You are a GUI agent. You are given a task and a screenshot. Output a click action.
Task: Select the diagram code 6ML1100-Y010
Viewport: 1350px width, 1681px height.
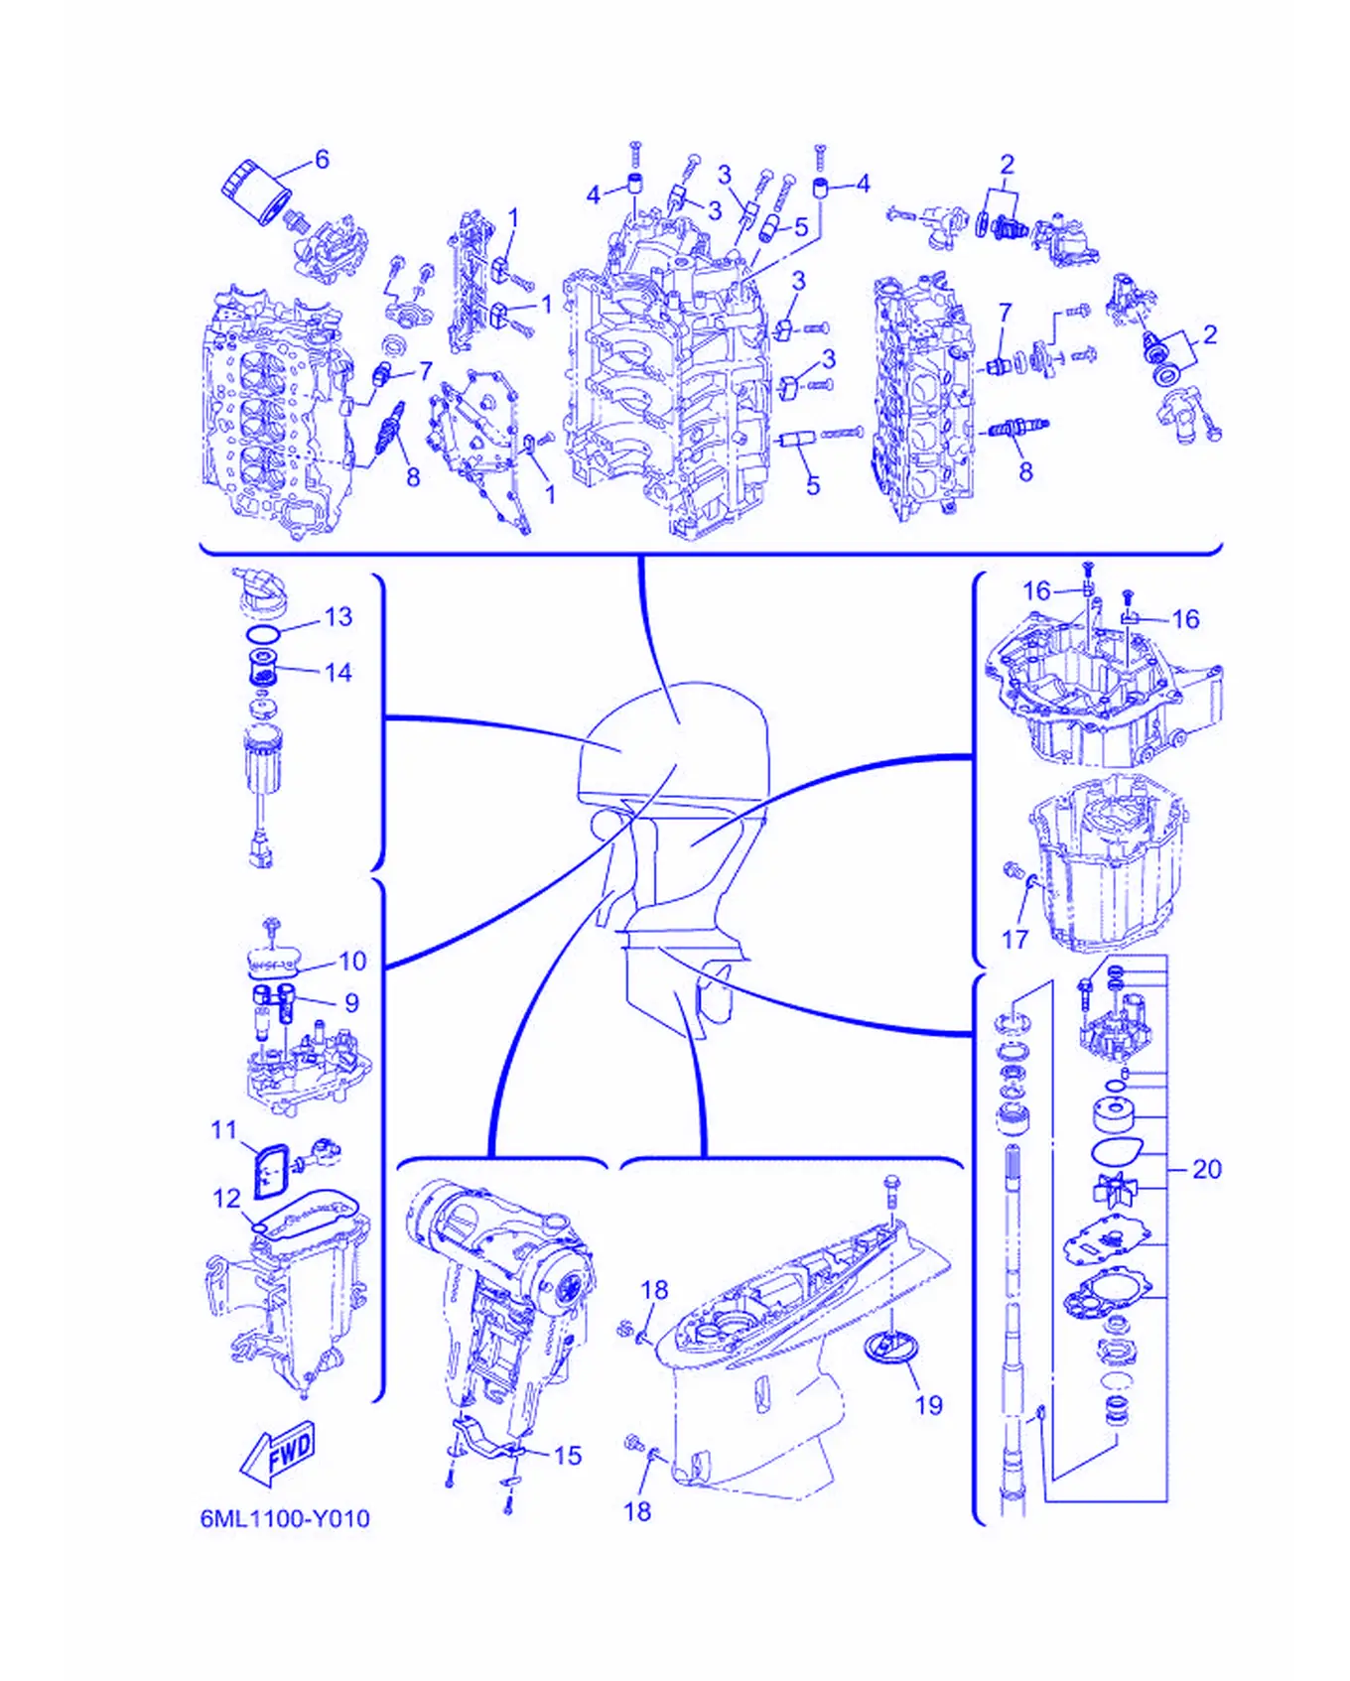[285, 1518]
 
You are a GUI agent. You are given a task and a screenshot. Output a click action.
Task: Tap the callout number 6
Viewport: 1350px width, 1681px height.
[322, 160]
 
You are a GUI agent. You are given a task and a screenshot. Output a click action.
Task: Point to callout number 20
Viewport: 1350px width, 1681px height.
[1206, 1169]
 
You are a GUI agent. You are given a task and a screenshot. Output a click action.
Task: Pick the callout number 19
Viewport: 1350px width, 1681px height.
[928, 1405]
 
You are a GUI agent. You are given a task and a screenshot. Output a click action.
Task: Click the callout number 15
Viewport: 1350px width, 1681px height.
[567, 1456]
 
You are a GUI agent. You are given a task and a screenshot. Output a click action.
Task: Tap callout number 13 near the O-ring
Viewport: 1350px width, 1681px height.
[338, 617]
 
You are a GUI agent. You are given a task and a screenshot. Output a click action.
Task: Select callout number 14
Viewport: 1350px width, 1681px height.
[338, 673]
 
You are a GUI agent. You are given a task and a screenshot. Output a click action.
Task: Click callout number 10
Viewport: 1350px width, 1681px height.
[352, 962]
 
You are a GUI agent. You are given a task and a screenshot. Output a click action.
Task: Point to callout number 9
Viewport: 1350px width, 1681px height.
[351, 1003]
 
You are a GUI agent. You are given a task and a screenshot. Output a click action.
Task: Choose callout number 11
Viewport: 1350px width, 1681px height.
[224, 1130]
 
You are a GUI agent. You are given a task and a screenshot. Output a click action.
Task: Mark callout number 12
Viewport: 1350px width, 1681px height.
[226, 1199]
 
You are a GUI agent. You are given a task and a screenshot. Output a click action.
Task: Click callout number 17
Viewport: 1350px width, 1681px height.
[1014, 940]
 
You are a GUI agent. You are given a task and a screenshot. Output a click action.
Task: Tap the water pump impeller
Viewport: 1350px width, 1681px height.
[1112, 1189]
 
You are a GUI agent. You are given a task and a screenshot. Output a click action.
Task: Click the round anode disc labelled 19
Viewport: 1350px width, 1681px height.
[891, 1349]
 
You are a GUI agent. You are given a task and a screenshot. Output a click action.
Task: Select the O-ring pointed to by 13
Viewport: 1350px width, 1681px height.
[264, 633]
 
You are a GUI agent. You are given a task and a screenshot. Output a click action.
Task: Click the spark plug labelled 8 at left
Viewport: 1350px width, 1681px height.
[386, 435]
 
